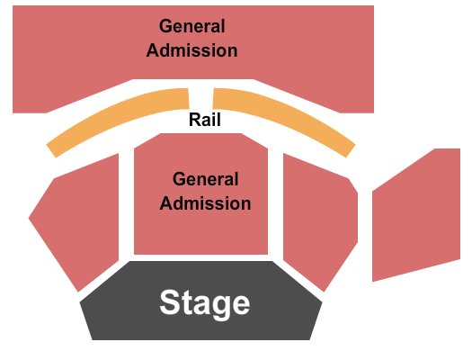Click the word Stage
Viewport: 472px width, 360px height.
tap(205, 303)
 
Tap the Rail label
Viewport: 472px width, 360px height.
tap(205, 120)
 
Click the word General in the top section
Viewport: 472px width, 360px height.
tap(191, 27)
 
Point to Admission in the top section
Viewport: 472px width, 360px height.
tap(191, 50)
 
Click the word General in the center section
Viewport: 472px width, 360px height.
tap(206, 180)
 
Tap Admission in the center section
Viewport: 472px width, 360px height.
tap(206, 203)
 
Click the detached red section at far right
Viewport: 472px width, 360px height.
tap(418, 216)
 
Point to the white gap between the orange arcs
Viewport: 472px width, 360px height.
tap(200, 97)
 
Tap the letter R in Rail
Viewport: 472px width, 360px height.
tap(194, 120)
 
